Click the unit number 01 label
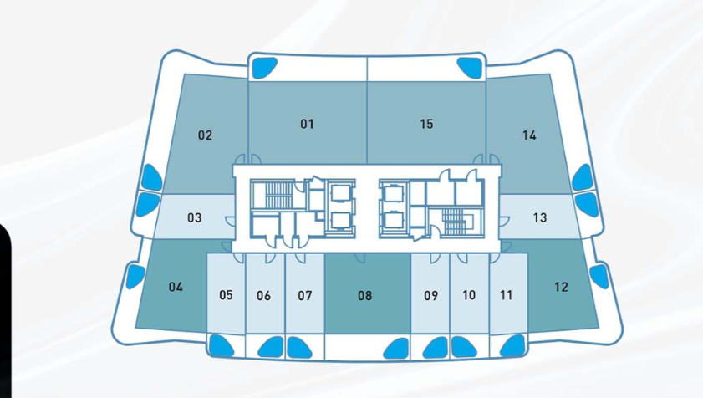[x=307, y=124]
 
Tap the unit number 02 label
[x=205, y=135]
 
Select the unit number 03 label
[x=194, y=218]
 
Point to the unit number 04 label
[x=175, y=287]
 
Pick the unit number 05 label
[x=226, y=295]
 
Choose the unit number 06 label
[x=264, y=295]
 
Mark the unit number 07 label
[x=304, y=295]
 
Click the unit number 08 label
[x=364, y=295]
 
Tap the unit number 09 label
[x=430, y=295]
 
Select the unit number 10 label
[x=469, y=295]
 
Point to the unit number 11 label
[x=507, y=295]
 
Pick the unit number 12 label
[x=561, y=287]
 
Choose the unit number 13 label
[x=540, y=218]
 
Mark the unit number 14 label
[x=528, y=135]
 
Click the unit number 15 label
[x=426, y=124]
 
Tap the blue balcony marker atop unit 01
[x=265, y=66]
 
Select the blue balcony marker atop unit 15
[x=468, y=66]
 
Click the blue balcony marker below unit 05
[x=221, y=344]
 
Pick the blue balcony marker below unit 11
[x=512, y=344]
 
